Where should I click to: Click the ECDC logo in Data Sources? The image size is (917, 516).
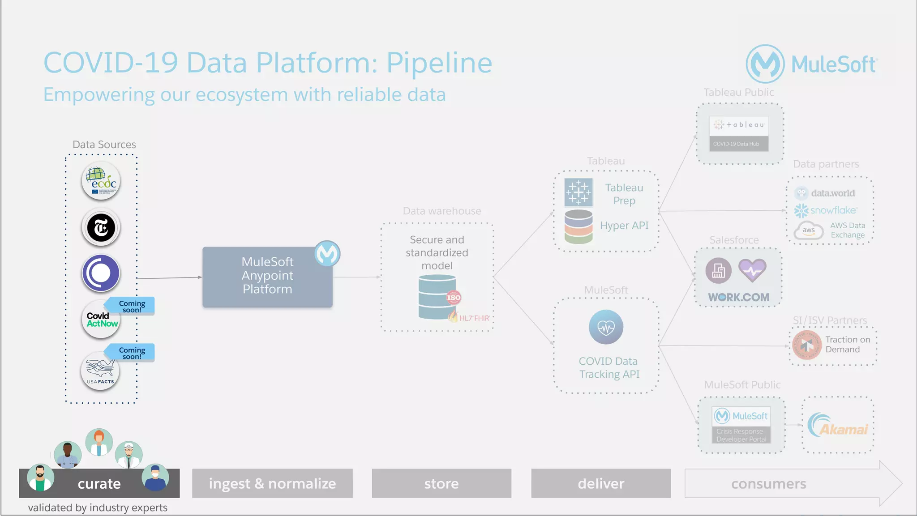pos(101,181)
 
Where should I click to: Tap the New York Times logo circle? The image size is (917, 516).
pos(101,228)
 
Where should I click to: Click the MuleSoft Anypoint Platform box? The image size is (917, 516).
pos(267,277)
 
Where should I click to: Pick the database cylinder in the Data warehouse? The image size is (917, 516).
pos(437,297)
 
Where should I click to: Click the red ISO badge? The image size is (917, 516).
pos(454,298)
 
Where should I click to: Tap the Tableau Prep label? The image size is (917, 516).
pos(624,194)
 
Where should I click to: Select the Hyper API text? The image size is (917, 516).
pos(624,226)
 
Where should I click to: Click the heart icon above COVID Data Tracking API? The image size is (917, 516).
pos(606,327)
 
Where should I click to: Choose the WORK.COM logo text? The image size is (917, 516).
pos(738,297)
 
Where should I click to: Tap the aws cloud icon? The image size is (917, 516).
pos(808,230)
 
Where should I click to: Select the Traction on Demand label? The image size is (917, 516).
pos(848,345)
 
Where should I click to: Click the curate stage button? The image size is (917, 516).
pos(99,483)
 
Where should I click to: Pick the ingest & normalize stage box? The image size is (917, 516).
pos(272,483)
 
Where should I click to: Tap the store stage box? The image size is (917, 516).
pos(441,483)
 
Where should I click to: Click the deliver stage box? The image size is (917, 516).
pos(600,483)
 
